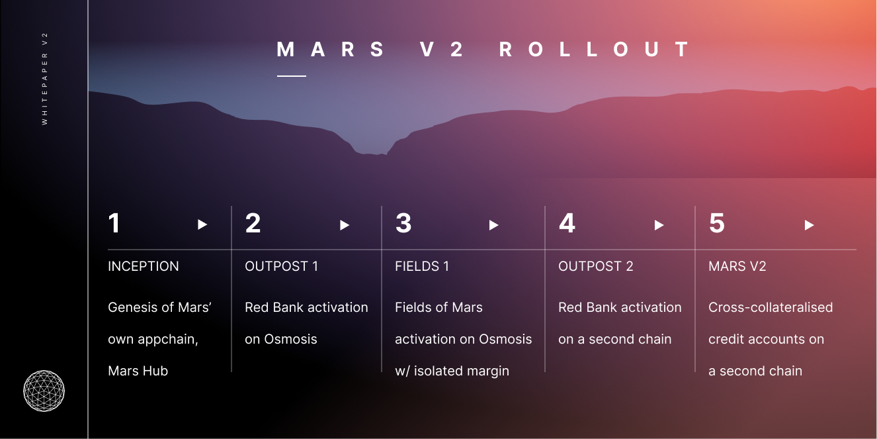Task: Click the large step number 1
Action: pos(114,223)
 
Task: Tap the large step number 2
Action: pos(253,223)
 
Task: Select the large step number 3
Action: pos(403,223)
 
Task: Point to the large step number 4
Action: pos(567,223)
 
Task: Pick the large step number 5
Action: pos(717,223)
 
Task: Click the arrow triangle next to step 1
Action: pos(202,224)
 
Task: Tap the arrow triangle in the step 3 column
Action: pos(493,225)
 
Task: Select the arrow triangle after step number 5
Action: pos(810,225)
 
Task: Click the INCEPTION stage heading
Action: pos(144,267)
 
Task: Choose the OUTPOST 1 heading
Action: pos(282,267)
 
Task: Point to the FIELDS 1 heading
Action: pos(422,267)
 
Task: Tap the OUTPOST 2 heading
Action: pos(595,267)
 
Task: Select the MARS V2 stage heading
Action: pos(737,267)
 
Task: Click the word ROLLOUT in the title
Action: pos(594,50)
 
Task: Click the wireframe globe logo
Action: pos(44,391)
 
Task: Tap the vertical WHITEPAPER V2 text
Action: pos(44,79)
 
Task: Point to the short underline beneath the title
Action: pos(292,76)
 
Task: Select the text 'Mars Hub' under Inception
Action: pos(138,371)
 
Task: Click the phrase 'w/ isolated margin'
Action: pos(452,371)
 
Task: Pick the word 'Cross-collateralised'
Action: pos(771,307)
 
